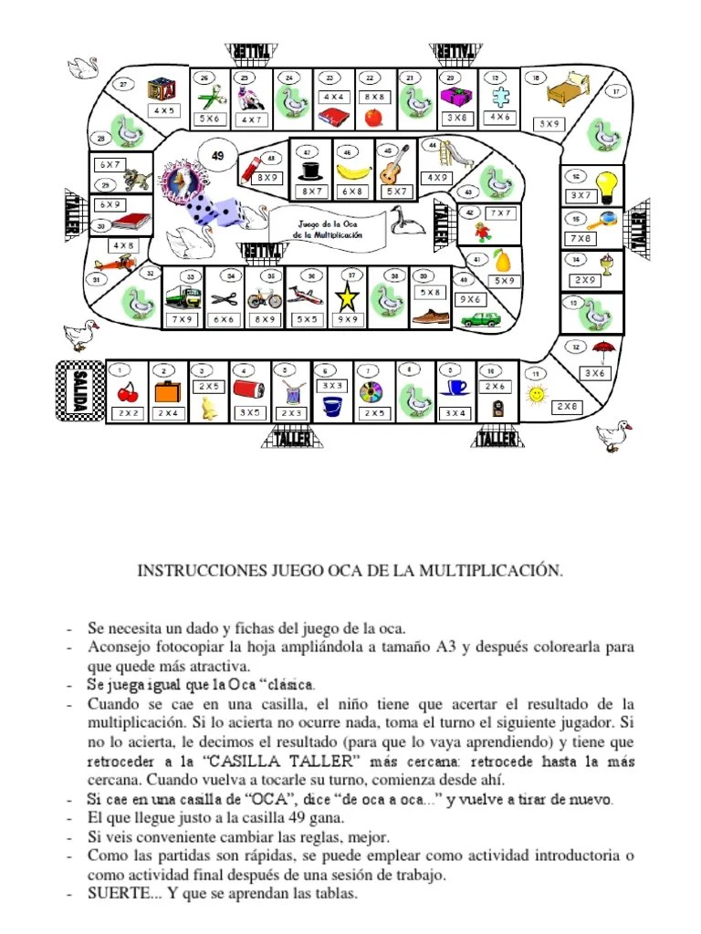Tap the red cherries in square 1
[x=126, y=392]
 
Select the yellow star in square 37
[x=347, y=296]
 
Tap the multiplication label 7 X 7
[x=500, y=213]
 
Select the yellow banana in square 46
[x=350, y=171]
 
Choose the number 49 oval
[x=217, y=156]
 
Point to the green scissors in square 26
[x=211, y=96]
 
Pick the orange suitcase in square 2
[x=166, y=393]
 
